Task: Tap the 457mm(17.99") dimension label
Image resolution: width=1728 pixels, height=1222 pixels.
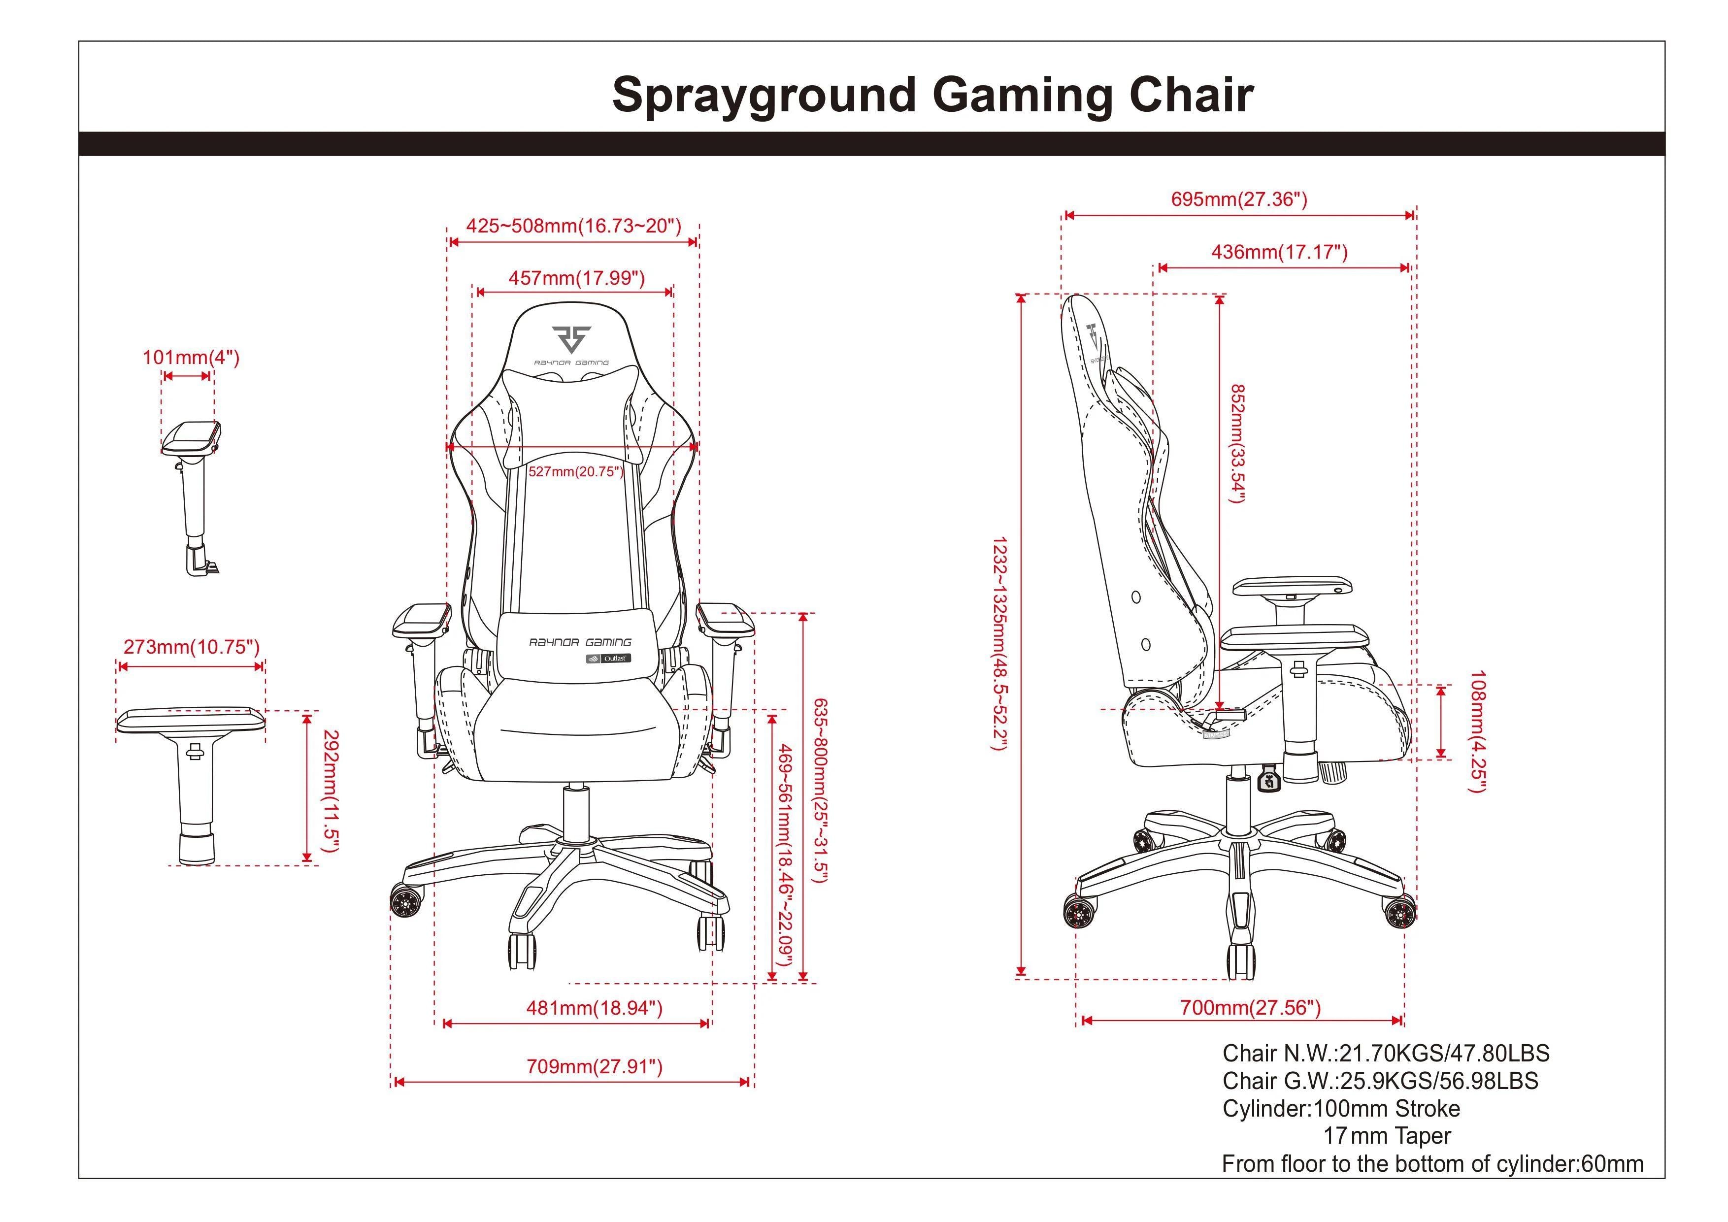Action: tap(576, 278)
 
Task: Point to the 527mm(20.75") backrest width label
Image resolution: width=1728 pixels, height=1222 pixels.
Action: tap(576, 472)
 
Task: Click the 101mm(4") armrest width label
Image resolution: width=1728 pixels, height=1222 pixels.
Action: tap(191, 358)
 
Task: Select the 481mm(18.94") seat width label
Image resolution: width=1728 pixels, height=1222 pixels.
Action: tap(595, 1008)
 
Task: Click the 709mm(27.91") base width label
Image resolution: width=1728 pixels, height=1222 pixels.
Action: tap(595, 1067)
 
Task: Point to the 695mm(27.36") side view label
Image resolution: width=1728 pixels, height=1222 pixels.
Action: tap(1239, 199)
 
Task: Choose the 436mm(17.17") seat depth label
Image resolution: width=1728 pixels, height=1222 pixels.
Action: tap(1279, 252)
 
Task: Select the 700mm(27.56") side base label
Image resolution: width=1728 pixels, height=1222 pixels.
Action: tap(1251, 1008)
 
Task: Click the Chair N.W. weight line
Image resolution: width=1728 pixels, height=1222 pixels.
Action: tap(1386, 1054)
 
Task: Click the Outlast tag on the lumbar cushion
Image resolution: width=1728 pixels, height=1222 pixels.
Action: tap(609, 659)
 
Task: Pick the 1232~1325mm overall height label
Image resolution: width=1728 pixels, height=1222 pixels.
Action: tap(999, 643)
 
